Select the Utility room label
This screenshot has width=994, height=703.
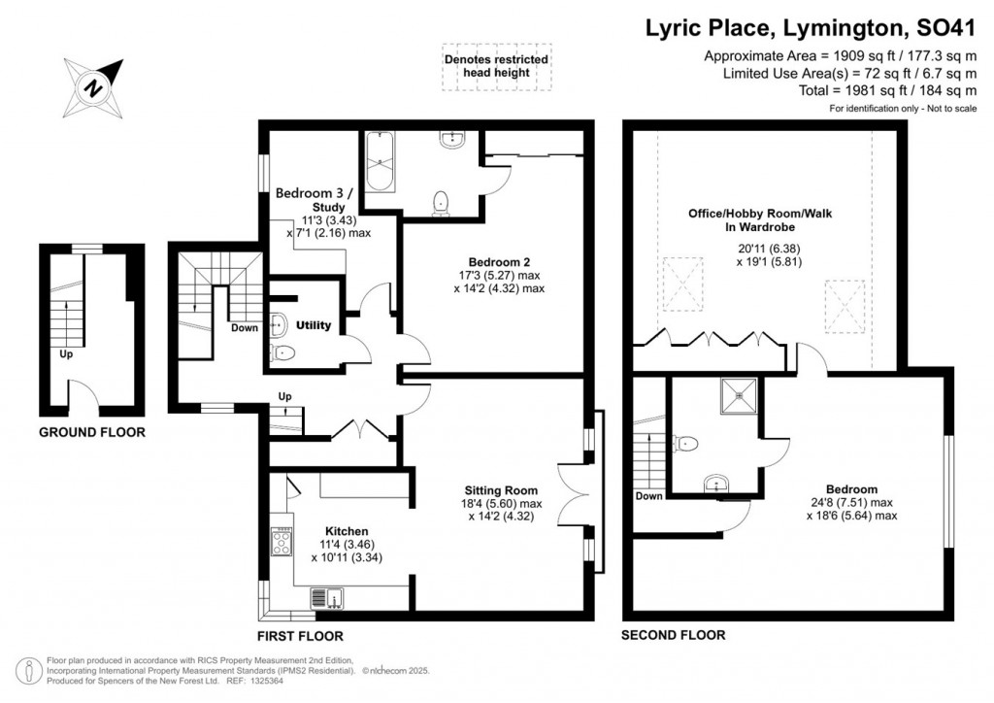314,326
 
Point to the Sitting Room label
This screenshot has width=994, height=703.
502,490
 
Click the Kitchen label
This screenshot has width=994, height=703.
346,531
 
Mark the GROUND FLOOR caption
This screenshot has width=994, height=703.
91,432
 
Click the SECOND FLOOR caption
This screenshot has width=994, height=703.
673,636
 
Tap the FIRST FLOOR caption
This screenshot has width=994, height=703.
300,636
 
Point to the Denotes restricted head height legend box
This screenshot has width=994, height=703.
496,66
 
